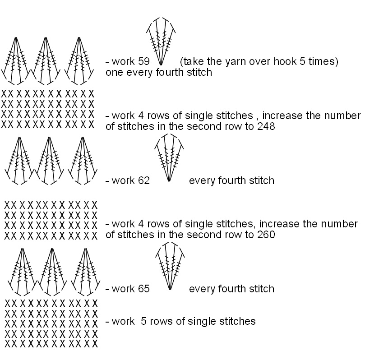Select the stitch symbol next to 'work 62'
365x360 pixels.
[x=169, y=158]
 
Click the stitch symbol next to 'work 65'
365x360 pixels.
[x=169, y=266]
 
